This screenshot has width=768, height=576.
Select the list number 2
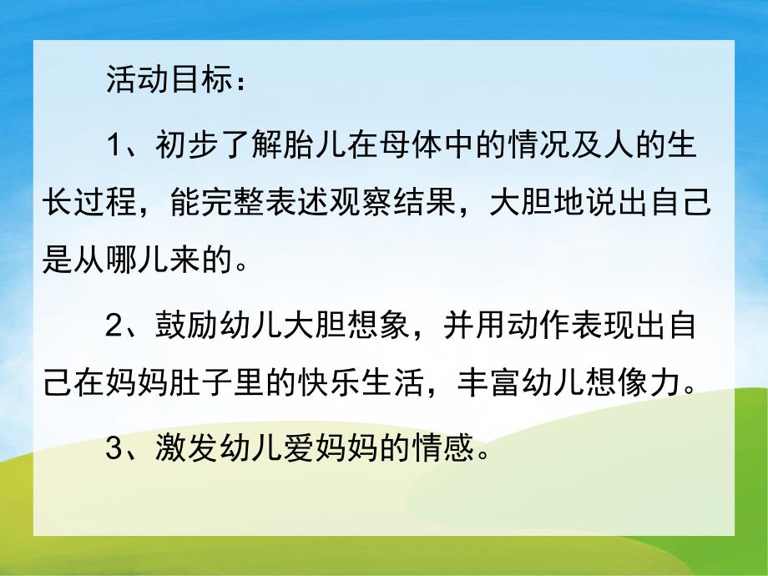pyautogui.click(x=116, y=327)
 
